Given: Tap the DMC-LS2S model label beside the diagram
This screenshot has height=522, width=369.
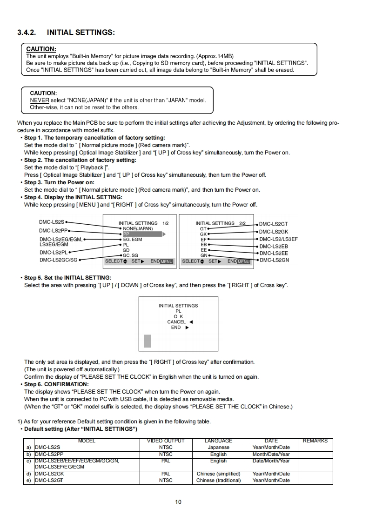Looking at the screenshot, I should coord(52,223).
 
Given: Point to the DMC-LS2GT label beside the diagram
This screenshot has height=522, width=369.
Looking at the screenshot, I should coord(273,224).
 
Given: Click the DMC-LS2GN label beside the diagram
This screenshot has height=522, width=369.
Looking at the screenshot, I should coord(274,260).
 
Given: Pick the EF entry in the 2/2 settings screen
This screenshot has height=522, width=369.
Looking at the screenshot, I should coord(203,239).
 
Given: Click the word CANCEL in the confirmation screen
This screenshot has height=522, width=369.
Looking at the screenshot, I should coord(176,322).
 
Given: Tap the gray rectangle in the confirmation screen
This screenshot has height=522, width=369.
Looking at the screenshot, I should coord(148,341).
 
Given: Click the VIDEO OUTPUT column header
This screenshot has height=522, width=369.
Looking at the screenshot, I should coord(166,441).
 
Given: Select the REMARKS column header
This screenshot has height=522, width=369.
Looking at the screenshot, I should coord(315,441).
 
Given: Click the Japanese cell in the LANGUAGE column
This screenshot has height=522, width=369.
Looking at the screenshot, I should coord(218,448).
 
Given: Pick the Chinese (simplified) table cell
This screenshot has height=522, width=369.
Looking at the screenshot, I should coord(218,474).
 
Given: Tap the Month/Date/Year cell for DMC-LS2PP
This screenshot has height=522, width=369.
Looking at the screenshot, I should coord(271,454).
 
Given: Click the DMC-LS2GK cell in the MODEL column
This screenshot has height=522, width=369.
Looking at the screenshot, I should coord(49,474).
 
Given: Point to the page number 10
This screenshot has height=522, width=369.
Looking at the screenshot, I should coord(179,502).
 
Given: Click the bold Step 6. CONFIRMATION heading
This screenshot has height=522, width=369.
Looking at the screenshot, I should coord(56,384).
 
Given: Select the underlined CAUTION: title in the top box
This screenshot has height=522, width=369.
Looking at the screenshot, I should coord(41,49).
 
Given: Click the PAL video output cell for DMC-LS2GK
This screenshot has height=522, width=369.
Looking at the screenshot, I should coord(166,474).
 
